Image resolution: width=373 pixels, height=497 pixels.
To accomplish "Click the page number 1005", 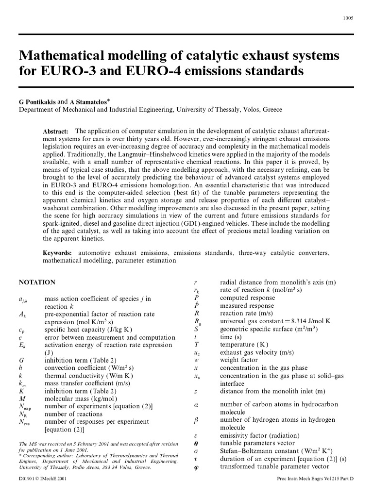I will click(348, 18).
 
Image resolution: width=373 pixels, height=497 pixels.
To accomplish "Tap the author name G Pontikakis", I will click(37, 102).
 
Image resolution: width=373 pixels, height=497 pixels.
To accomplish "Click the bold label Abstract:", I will click(56, 132).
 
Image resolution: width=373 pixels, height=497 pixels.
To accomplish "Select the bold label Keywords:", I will click(57, 253).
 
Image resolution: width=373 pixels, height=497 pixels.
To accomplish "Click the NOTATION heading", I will click(37, 282).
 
